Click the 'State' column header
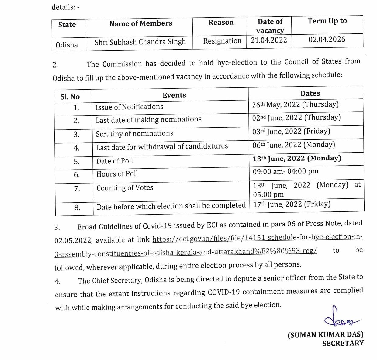(67, 25)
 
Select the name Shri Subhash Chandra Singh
(140, 42)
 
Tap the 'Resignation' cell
(222, 41)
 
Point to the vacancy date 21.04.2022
(269, 40)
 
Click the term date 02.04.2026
(327, 40)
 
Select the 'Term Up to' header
(327, 21)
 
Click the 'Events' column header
(174, 95)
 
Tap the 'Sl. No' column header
(70, 97)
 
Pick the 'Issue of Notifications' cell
(129, 107)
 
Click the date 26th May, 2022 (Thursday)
(295, 105)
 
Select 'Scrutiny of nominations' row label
(134, 134)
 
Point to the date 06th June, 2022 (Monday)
(293, 145)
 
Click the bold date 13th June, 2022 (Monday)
(297, 158)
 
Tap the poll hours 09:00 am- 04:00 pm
(285, 171)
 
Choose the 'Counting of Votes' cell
(125, 188)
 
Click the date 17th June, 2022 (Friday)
(292, 204)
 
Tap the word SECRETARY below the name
(343, 343)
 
